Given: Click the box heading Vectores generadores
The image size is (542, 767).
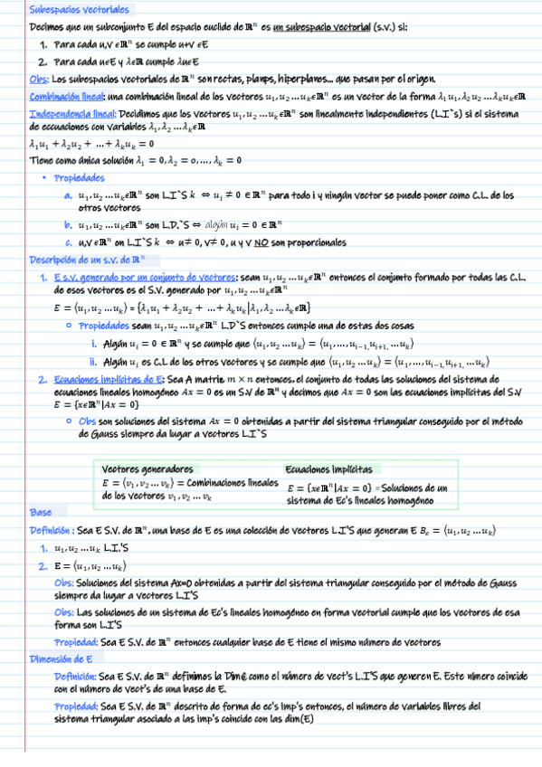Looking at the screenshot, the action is click(x=147, y=470).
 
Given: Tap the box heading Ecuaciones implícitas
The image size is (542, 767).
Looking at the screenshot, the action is click(x=328, y=470).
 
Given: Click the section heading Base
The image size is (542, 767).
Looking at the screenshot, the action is click(x=40, y=512).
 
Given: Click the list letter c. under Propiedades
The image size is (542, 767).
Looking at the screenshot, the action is click(x=68, y=243).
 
